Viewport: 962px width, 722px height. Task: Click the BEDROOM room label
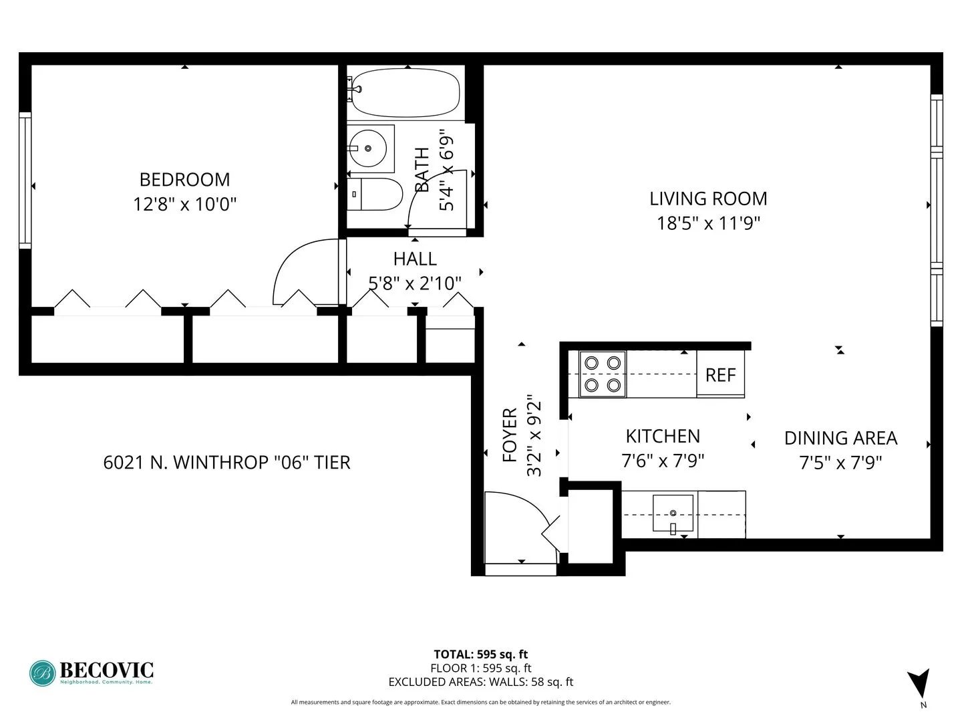click(184, 179)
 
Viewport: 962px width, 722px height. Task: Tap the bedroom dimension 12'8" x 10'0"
click(184, 204)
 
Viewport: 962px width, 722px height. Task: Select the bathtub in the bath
click(406, 93)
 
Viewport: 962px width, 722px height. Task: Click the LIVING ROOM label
click(708, 199)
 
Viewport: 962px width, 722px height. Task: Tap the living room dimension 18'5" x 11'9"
click(708, 223)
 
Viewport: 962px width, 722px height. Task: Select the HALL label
click(415, 259)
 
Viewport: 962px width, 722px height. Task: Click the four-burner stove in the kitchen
click(602, 374)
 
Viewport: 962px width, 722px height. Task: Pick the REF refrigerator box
click(720, 375)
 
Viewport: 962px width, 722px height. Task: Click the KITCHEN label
click(663, 437)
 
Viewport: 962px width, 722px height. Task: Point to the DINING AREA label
click(840, 438)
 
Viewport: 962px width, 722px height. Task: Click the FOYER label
click(510, 435)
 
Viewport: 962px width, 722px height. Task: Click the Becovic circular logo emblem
click(42, 673)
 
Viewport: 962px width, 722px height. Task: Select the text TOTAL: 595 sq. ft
click(480, 654)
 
